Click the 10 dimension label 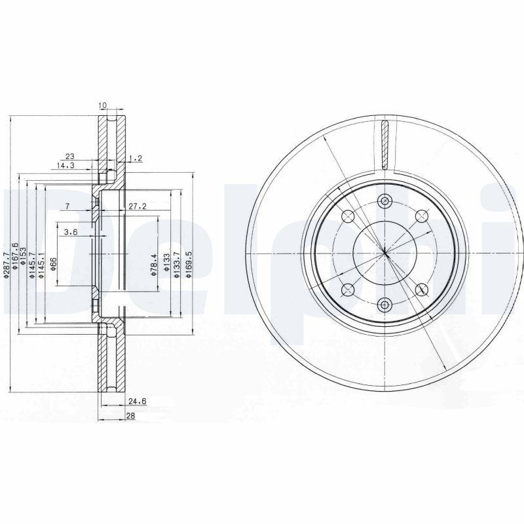[x=102, y=105]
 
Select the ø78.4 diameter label [x=154, y=265]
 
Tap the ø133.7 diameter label [x=176, y=265]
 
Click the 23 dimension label [x=69, y=155]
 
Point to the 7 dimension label [x=67, y=206]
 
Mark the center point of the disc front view [x=384, y=253]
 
